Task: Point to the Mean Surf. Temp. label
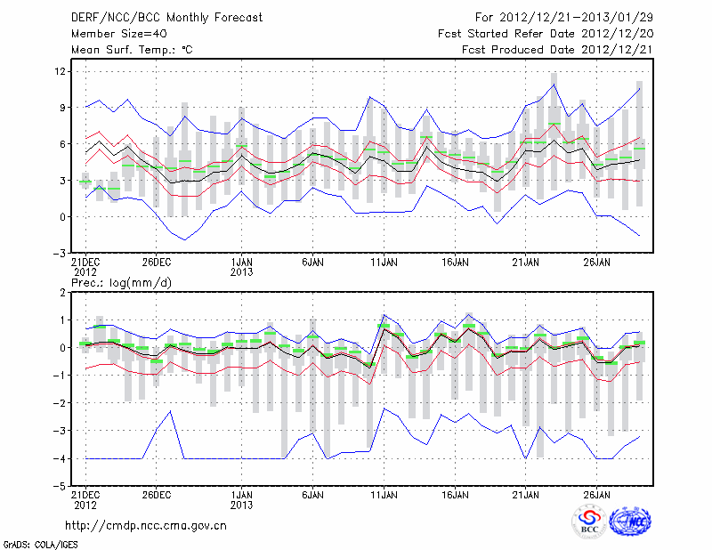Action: pyautogui.click(x=132, y=50)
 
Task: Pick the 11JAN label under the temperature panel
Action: pyautogui.click(x=383, y=263)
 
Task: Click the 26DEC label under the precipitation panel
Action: pyautogui.click(x=156, y=494)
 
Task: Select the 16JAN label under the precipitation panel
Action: pyautogui.click(x=455, y=494)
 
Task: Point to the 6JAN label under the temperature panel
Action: pyautogui.click(x=311, y=263)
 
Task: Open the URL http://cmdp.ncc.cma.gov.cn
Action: pyautogui.click(x=146, y=524)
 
